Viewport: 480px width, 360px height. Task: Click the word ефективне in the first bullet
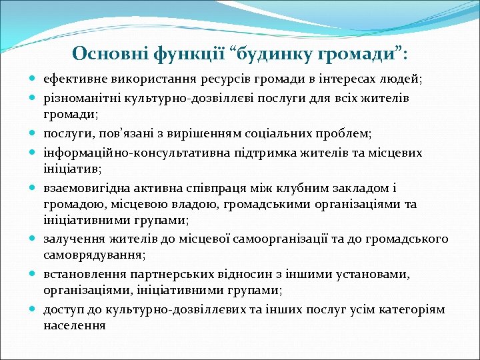73,79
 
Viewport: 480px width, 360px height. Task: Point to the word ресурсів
225,79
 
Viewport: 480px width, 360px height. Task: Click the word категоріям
413,309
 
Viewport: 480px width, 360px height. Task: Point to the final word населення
74,326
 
